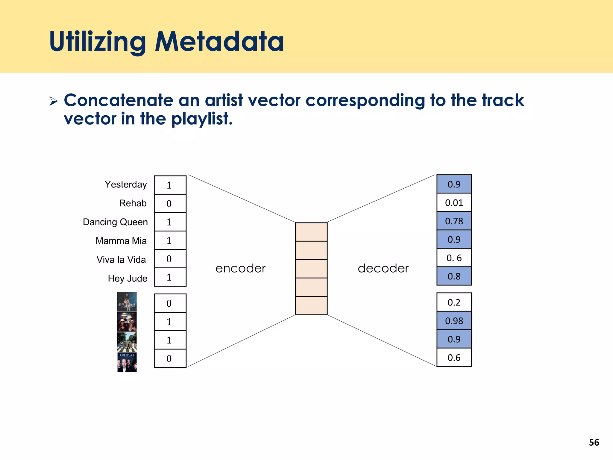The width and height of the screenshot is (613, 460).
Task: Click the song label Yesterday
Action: click(126, 184)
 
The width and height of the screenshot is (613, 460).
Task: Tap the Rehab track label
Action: click(133, 203)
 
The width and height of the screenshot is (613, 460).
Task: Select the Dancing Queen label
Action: click(115, 222)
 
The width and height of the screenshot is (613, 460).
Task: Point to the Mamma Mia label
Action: click(121, 241)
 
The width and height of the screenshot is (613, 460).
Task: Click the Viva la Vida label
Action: click(121, 260)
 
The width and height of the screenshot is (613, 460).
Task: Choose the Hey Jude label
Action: click(128, 279)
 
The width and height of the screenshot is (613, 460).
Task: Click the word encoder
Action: click(240, 268)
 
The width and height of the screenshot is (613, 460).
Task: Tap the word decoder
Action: click(383, 268)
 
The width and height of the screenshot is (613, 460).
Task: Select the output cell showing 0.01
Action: click(454, 203)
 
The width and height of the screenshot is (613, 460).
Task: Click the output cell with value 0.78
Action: click(454, 221)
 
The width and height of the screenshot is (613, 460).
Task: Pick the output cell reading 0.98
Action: click(454, 321)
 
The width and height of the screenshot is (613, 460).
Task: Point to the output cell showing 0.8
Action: click(454, 276)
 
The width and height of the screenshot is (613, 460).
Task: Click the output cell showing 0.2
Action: click(454, 302)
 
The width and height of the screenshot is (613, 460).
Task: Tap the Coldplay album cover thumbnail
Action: click(127, 362)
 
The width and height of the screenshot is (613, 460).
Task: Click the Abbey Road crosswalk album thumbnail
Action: click(127, 342)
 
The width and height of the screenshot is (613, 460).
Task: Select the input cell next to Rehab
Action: click(170, 204)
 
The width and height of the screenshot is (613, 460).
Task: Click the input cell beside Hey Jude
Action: click(170, 277)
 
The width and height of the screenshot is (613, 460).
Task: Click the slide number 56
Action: click(594, 442)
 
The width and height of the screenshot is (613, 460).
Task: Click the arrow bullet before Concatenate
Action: click(54, 101)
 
